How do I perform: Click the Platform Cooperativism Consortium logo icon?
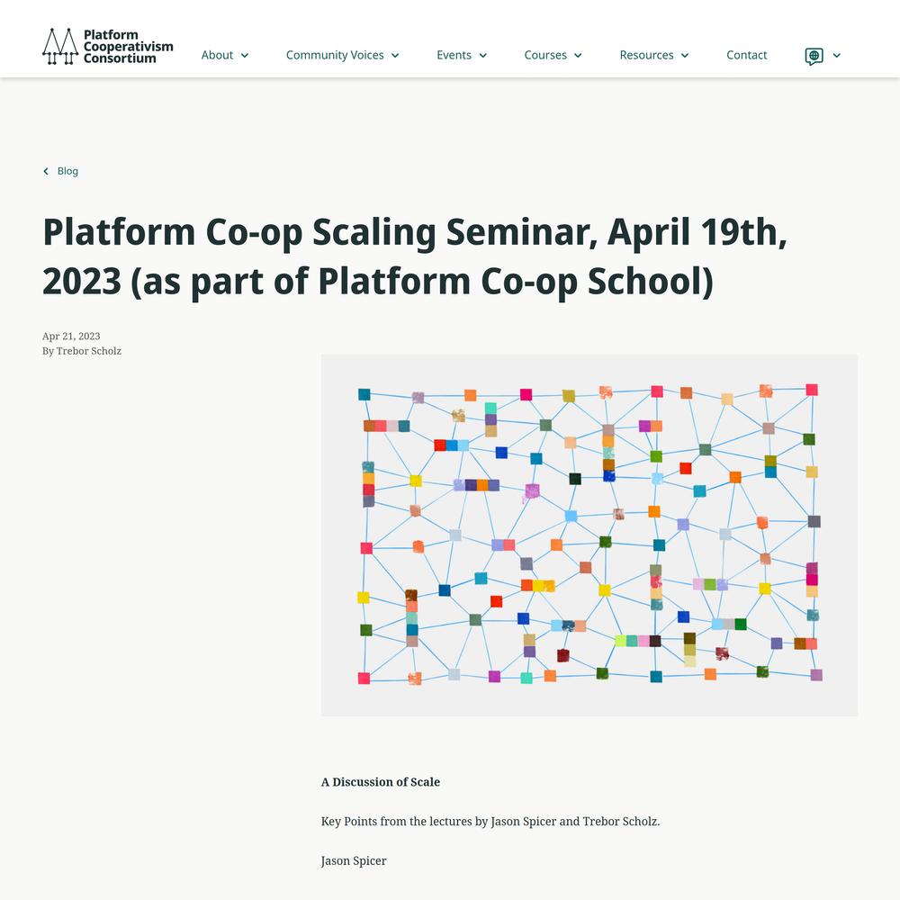point(60,47)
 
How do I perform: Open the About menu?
point(224,55)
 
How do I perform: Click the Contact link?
point(746,55)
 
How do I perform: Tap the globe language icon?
point(814,56)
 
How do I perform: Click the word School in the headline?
point(650,281)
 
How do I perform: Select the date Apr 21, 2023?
point(71,337)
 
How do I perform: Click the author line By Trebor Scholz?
point(82,351)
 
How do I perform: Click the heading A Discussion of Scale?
point(381,782)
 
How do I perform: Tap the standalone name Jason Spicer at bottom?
point(354,861)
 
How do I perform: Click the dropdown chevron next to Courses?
point(578,56)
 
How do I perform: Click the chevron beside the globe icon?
point(837,56)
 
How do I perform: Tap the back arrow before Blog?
point(46,171)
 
